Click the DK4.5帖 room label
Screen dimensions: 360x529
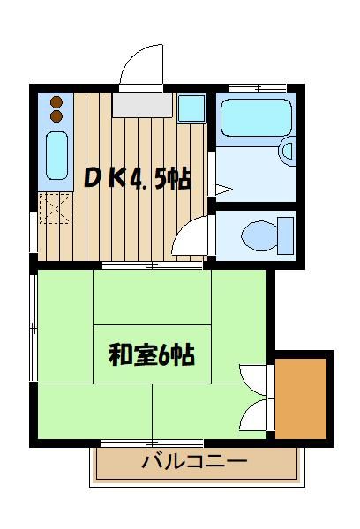(x=138, y=178)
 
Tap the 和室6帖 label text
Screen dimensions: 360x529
(x=152, y=354)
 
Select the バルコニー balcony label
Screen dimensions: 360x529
(x=194, y=460)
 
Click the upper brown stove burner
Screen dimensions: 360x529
(x=56, y=101)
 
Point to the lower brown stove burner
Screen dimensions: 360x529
(x=56, y=115)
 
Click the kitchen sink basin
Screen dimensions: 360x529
(x=56, y=155)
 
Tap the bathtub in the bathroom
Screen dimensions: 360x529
(x=256, y=117)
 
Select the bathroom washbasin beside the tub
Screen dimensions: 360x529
(x=288, y=151)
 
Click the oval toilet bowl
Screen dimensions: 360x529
(x=259, y=235)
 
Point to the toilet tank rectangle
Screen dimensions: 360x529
(x=285, y=235)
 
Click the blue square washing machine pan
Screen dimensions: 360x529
(x=191, y=108)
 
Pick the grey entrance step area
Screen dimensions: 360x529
(x=143, y=105)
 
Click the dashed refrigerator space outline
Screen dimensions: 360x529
(x=56, y=208)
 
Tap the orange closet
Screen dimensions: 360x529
(x=301, y=399)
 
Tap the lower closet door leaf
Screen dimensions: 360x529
(x=253, y=415)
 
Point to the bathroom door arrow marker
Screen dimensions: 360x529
(x=223, y=190)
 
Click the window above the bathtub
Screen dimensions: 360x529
(x=258, y=88)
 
